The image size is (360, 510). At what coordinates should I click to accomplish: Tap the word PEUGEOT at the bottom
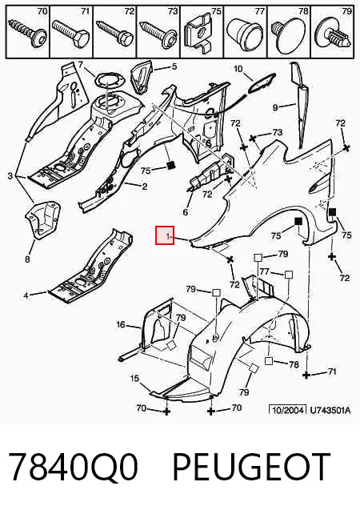pyautogui.click(x=251, y=467)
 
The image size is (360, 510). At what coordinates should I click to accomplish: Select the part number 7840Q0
pyautogui.click(x=73, y=467)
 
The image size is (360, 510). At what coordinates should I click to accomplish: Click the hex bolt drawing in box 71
pyautogui.click(x=71, y=34)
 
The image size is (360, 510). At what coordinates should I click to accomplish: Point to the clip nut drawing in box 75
pyautogui.click(x=198, y=34)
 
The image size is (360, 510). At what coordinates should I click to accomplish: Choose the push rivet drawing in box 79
pyautogui.click(x=334, y=35)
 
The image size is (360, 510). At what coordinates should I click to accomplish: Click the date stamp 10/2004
pyautogui.click(x=288, y=409)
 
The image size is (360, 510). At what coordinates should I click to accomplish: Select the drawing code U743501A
pyautogui.click(x=330, y=410)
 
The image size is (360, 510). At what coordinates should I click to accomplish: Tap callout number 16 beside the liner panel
pyautogui.click(x=121, y=324)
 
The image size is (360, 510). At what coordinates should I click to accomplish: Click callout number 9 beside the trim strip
pyautogui.click(x=275, y=107)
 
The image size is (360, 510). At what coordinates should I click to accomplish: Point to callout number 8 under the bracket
pyautogui.click(x=27, y=259)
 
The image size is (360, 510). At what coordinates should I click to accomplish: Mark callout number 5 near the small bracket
pyautogui.click(x=174, y=66)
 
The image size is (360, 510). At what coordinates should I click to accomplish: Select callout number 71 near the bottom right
pyautogui.click(x=331, y=371)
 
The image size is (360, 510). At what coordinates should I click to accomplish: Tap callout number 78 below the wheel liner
pyautogui.click(x=294, y=364)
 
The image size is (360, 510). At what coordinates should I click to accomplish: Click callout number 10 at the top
pyautogui.click(x=238, y=69)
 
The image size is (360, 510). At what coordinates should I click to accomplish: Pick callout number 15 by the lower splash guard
pyautogui.click(x=134, y=378)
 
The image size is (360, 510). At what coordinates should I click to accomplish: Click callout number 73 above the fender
pyautogui.click(x=278, y=132)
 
